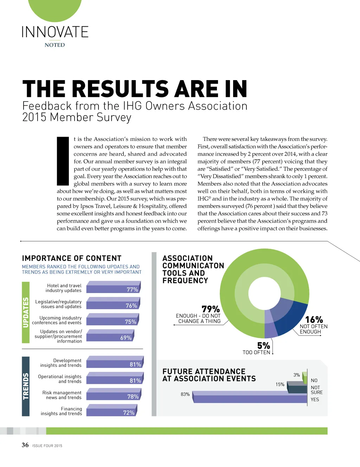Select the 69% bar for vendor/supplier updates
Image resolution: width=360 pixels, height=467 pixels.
pyautogui.click(x=110, y=337)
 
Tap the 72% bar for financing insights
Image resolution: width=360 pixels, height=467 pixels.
pyautogui.click(x=111, y=411)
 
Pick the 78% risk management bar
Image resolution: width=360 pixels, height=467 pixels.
pyautogui.click(x=115, y=395)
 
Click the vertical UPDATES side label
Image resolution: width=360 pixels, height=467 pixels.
pyautogui.click(x=26, y=312)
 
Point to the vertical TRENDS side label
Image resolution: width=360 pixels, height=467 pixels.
pyautogui.click(x=26, y=386)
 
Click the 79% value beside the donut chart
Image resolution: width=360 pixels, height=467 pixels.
pyautogui.click(x=211, y=309)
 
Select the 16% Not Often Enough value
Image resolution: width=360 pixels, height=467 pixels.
pyautogui.click(x=314, y=320)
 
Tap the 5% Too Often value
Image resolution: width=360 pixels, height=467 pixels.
pyautogui.click(x=264, y=346)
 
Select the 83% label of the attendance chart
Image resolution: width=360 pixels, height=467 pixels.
pyautogui.click(x=185, y=394)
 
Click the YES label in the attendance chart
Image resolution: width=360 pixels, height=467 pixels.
pyautogui.click(x=315, y=400)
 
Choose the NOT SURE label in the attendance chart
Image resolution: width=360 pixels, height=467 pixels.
pyautogui.click(x=316, y=390)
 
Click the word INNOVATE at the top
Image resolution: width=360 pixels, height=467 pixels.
pyautogui.click(x=55, y=32)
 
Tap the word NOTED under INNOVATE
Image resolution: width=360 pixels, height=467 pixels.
pyautogui.click(x=55, y=45)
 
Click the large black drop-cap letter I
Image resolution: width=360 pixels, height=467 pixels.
pyautogui.click(x=63, y=161)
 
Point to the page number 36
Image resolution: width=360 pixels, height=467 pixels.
pyautogui.click(x=25, y=445)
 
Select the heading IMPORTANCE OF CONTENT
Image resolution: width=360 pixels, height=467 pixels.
pyautogui.click(x=72, y=258)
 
